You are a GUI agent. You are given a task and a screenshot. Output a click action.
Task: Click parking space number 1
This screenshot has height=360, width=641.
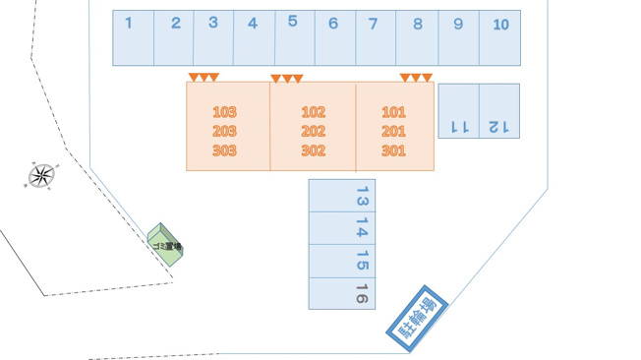[134, 38]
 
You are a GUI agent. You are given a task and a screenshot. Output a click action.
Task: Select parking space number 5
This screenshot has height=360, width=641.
[295, 38]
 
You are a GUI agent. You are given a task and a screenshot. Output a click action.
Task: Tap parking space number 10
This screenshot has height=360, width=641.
[500, 38]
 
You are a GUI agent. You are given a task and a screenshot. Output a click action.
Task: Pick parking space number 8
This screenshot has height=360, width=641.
[417, 38]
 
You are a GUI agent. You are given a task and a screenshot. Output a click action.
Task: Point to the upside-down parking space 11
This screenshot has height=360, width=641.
[459, 111]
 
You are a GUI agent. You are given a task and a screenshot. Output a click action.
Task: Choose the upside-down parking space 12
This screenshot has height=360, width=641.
[499, 111]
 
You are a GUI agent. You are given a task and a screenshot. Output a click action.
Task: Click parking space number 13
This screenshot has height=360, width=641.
[342, 196]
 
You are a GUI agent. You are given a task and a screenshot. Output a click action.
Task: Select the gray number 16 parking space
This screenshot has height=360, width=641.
[342, 294]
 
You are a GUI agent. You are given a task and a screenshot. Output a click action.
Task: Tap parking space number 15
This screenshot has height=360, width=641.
[342, 262]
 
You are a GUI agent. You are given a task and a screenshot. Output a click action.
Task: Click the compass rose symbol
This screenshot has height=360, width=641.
[41, 175]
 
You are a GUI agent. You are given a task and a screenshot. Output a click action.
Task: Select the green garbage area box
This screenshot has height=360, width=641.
[165, 245]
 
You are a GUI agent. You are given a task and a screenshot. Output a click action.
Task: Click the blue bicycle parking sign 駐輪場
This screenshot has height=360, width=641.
[418, 319]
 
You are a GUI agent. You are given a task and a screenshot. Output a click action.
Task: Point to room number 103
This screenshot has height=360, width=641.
[224, 112]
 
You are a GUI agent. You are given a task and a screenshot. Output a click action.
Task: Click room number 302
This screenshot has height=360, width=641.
[314, 150]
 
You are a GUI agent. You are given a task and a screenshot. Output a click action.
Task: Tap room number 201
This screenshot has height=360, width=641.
[393, 132]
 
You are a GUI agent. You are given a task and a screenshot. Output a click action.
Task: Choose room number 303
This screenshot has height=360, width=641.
[224, 150]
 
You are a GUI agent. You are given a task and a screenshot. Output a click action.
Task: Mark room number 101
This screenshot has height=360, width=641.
[393, 112]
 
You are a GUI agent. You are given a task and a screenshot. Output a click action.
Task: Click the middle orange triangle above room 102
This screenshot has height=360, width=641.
[287, 78]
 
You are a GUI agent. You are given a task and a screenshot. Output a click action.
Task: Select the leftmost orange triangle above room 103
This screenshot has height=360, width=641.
[194, 77]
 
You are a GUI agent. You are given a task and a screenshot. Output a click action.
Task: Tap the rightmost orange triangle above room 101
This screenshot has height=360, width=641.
[428, 78]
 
